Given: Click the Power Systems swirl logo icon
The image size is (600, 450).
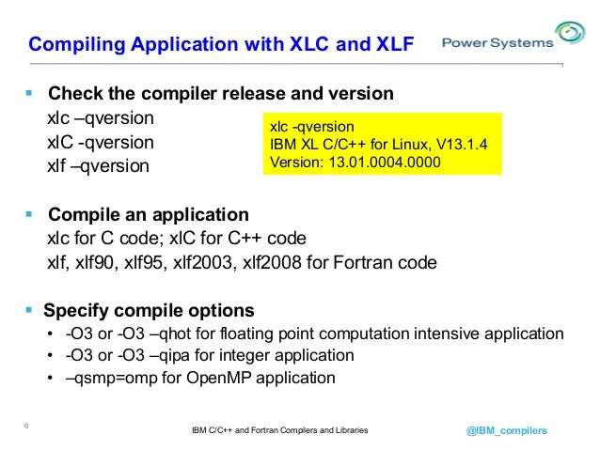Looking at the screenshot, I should pyautogui.click(x=570, y=36).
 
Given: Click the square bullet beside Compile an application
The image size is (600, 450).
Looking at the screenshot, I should pyautogui.click(x=28, y=214).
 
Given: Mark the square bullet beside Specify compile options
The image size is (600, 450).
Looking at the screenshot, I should pyautogui.click(x=28, y=310).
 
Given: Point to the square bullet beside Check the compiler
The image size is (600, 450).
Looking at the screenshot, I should pyautogui.click(x=28, y=94).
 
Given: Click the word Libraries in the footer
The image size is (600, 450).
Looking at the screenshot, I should pyautogui.click(x=348, y=430).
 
